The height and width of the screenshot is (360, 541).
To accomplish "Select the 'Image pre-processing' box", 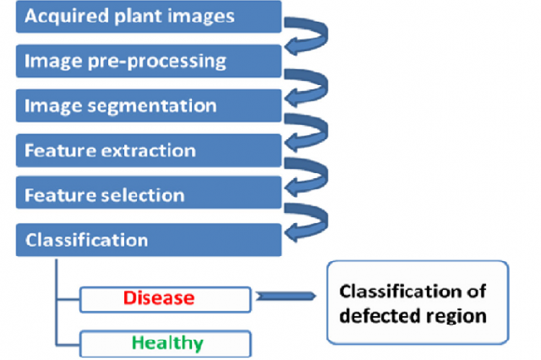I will (x=148, y=61).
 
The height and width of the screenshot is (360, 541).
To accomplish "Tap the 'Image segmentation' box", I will (x=148, y=106).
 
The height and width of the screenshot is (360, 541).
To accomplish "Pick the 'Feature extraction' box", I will (x=148, y=151).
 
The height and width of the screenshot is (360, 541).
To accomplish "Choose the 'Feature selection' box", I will (x=148, y=196).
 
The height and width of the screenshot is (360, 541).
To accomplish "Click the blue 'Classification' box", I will (x=148, y=240).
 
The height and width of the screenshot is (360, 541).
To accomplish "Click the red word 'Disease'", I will (x=158, y=297).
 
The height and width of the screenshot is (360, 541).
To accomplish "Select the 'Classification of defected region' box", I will (x=418, y=302).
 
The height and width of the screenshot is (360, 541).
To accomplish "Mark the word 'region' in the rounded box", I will (x=457, y=315).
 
